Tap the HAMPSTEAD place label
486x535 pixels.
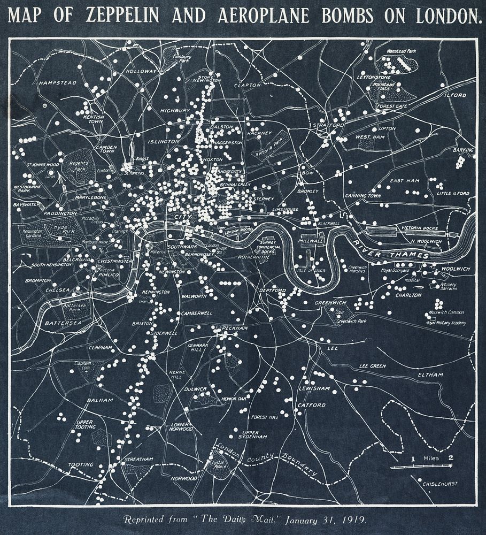click(58, 83)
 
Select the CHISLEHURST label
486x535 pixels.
click(439, 484)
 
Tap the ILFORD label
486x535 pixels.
click(454, 95)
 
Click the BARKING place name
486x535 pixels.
click(462, 150)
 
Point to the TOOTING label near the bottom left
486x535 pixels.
click(80, 464)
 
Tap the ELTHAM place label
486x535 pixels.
click(431, 374)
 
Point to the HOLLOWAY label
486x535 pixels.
click(141, 71)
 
